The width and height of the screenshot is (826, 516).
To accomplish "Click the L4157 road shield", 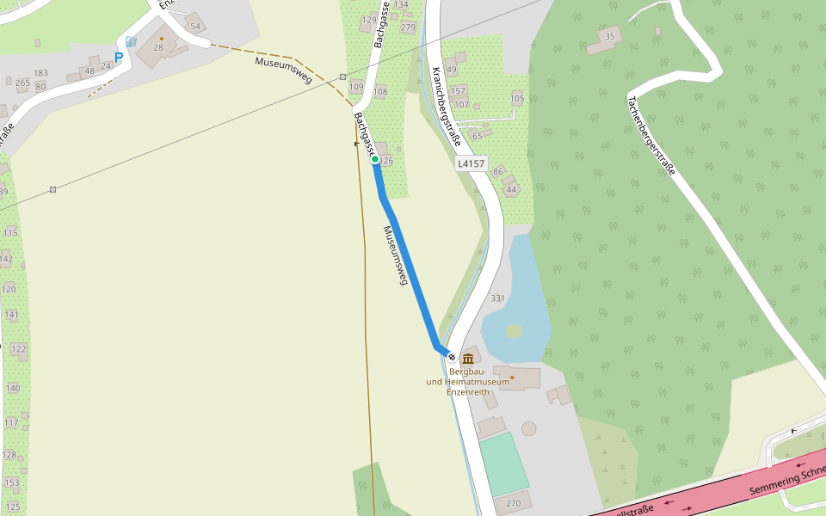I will [x=472, y=163].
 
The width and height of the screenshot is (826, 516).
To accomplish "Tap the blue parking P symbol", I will [x=119, y=58].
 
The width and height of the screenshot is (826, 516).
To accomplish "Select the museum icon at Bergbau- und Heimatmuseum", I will [x=468, y=359].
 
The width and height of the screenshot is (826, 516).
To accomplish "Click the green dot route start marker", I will [x=375, y=159].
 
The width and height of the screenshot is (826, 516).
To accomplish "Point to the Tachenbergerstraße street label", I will [x=651, y=134].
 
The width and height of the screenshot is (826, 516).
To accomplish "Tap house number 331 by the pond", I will [x=497, y=298].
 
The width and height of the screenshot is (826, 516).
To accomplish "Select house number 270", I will [x=514, y=503].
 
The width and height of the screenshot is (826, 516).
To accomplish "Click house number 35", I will [x=610, y=36].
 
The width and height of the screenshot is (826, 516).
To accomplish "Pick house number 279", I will [x=408, y=28].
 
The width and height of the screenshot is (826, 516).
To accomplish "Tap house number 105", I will [x=517, y=98].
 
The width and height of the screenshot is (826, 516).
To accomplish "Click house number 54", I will [x=195, y=26].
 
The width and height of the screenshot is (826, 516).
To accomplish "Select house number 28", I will [x=158, y=47].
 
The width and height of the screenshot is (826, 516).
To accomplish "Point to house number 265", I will [x=22, y=83].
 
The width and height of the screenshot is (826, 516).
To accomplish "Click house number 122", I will [x=18, y=348].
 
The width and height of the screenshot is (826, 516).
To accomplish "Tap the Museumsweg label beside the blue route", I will [x=393, y=255].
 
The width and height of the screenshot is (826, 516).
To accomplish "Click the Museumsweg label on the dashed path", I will [x=283, y=70].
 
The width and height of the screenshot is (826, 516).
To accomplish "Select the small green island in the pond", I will [x=514, y=331].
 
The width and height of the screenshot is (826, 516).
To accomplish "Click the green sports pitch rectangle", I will [x=503, y=462].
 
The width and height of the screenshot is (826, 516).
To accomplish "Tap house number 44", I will [x=512, y=189].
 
